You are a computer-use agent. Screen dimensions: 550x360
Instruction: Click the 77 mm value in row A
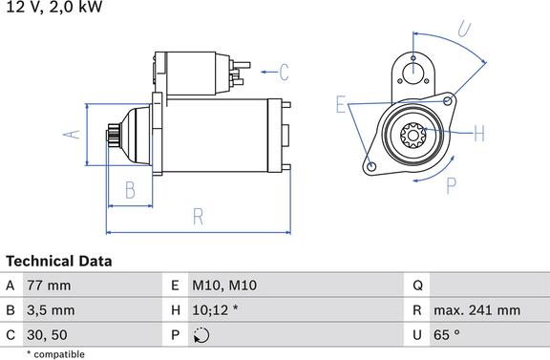point(49,286)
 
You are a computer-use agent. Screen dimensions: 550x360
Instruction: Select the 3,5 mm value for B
point(51,310)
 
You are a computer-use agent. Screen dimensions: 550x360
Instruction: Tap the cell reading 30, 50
point(47,335)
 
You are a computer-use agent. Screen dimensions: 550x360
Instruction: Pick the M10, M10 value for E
point(224,286)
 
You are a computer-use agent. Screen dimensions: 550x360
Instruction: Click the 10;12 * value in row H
point(215,310)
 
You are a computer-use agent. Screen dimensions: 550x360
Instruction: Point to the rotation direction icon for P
point(201,335)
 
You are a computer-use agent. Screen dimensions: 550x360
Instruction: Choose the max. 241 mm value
point(476,310)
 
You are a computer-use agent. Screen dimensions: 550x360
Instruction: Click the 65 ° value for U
point(447,335)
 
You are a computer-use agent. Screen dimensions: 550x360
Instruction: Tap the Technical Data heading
point(59,261)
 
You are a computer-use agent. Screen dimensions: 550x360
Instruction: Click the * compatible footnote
point(55,354)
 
